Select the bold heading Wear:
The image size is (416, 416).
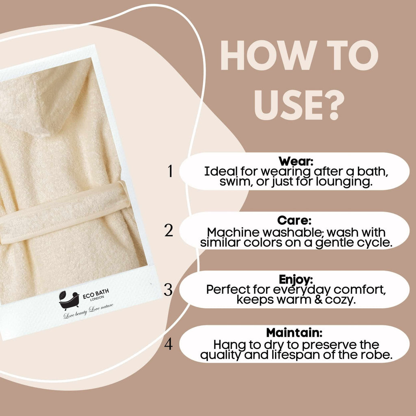pos(296,161)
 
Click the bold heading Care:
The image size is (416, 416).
pos(294,220)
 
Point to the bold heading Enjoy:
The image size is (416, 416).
pos(296,279)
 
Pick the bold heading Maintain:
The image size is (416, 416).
pos(294,332)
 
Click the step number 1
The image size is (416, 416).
pos(170,171)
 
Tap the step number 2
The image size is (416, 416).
pos(169,230)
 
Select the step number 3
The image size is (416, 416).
pos(168,289)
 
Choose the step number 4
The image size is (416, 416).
pos(169,344)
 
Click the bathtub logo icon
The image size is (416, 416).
pos(69,300)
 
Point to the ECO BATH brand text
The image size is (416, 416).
pos(96,294)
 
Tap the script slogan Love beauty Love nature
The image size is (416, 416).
pos(88,311)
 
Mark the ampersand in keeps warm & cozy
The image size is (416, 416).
pos(318,300)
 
